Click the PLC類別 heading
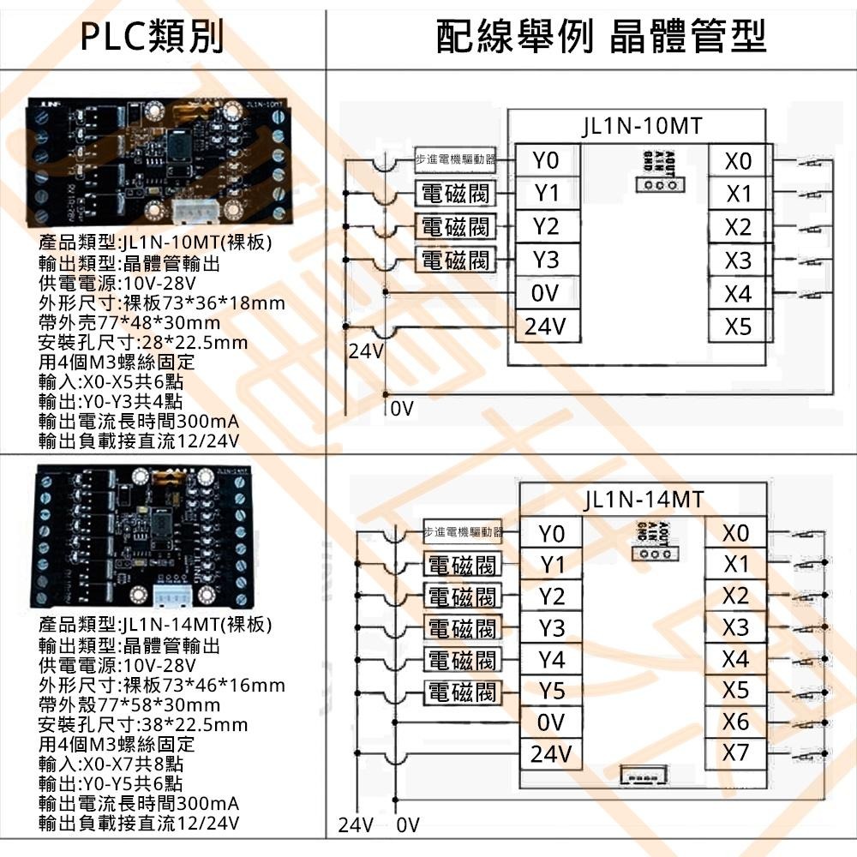163,36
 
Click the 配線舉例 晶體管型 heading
600,36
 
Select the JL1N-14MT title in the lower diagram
642,499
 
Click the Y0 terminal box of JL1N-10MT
544,160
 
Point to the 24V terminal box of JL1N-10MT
544,327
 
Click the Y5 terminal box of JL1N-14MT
553,691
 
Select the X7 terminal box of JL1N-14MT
735,753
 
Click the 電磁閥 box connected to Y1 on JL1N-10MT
457,193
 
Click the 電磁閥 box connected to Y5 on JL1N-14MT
462,691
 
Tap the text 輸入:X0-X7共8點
111,764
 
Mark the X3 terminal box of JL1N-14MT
735,627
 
